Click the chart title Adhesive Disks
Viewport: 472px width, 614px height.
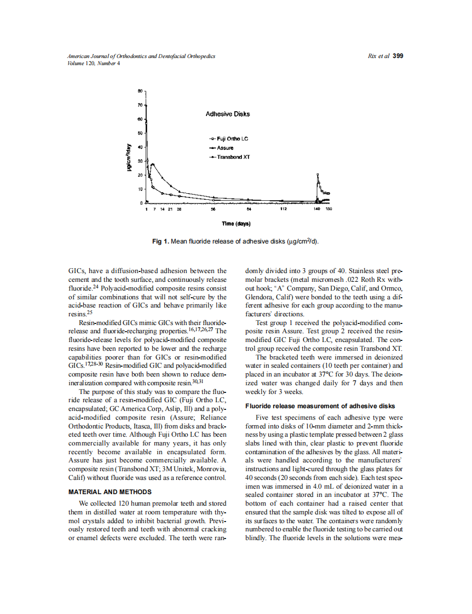click(227, 114)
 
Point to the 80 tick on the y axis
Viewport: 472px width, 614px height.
click(140, 91)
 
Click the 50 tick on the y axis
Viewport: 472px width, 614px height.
click(140, 133)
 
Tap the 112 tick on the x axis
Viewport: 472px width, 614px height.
click(283, 209)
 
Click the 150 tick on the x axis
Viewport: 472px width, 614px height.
click(329, 209)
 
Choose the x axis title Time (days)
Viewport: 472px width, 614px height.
click(236, 223)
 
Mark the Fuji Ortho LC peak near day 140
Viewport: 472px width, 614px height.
click(318, 175)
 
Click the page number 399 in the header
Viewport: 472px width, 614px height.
click(398, 56)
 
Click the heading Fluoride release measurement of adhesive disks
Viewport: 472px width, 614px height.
click(320, 406)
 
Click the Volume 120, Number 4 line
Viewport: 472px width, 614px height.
click(93, 62)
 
